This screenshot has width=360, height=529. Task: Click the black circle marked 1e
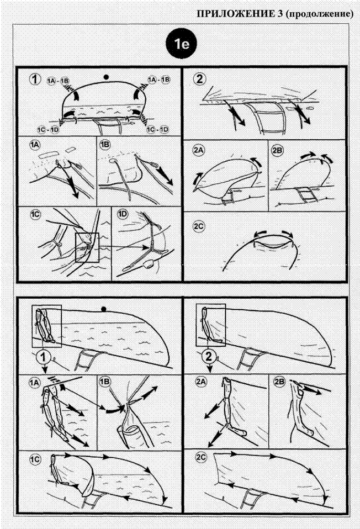(182, 44)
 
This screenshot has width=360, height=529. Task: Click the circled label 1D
(123, 214)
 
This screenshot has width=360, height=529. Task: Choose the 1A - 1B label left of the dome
(58, 81)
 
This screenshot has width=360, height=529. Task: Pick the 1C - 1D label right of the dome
(157, 129)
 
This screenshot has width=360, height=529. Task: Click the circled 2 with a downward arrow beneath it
(209, 356)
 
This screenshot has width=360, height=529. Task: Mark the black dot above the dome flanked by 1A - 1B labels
(106, 77)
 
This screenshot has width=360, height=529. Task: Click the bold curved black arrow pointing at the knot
(114, 411)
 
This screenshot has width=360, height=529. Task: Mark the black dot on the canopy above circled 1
(104, 309)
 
